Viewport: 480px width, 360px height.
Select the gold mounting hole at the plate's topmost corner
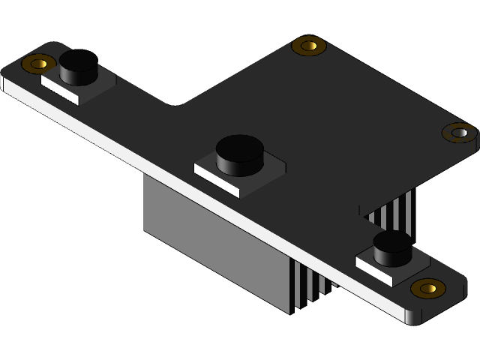click(308, 46)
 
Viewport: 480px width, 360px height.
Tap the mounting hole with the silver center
click(459, 133)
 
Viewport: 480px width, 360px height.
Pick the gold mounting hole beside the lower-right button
click(428, 287)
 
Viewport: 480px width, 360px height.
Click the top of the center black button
click(239, 145)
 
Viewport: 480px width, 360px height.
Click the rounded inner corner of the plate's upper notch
click(174, 102)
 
